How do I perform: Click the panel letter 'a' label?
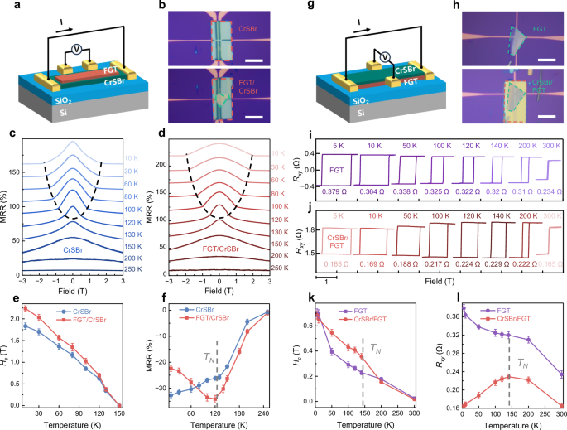[x=7, y=7]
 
